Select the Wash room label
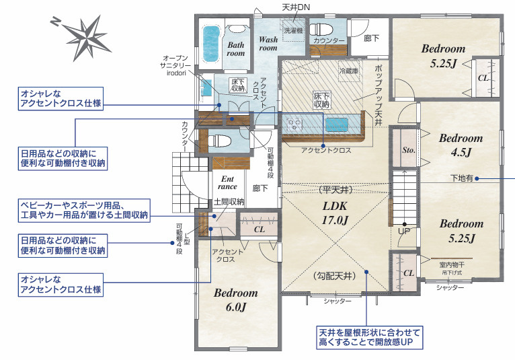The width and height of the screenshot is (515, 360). point(268,44)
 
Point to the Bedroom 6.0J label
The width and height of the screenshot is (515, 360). point(236,300)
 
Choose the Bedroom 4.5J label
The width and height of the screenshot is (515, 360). point(461,145)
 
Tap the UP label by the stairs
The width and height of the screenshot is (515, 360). point(403,230)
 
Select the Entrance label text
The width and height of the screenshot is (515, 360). point(228,182)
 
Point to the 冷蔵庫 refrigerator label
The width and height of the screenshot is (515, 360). point(350,71)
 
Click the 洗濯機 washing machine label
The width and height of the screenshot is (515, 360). point(292,31)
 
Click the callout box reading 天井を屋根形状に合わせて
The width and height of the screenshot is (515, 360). point(368,338)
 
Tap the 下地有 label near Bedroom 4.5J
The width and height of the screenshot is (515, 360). point(461,178)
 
